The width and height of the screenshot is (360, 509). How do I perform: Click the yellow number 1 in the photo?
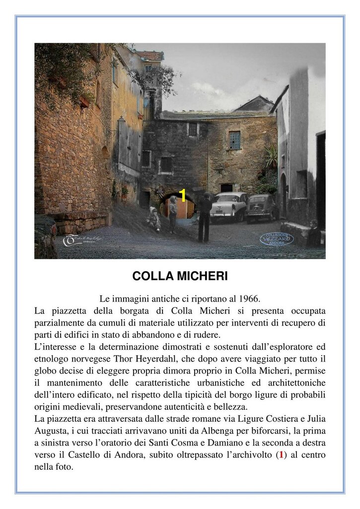[x=182, y=196]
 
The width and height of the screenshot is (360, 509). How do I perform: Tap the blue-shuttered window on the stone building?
[x=234, y=140]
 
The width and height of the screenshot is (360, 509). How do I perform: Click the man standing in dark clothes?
[x=205, y=217]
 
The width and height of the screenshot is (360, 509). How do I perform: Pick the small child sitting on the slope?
[x=153, y=219]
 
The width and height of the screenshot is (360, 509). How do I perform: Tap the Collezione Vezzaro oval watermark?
[x=276, y=239]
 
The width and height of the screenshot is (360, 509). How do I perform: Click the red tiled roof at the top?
[x=150, y=55]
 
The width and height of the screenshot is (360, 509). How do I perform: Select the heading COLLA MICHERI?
[x=180, y=276]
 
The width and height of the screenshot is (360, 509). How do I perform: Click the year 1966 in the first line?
[x=249, y=299]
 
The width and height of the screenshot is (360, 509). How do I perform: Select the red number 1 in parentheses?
[x=282, y=455]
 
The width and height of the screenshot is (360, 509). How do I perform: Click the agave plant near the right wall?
[x=271, y=158]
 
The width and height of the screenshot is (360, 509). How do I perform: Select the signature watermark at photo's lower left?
[x=82, y=240]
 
